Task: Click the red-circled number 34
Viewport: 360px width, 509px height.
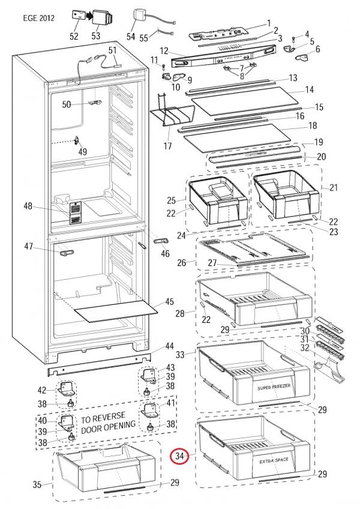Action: (x=180, y=457)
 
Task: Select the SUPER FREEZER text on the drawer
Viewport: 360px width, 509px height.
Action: (x=275, y=388)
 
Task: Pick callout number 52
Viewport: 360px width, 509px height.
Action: (x=74, y=37)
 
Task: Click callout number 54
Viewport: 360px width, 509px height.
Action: (x=131, y=37)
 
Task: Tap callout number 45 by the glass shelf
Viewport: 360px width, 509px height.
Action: (x=170, y=301)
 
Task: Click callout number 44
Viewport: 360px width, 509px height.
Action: (x=170, y=346)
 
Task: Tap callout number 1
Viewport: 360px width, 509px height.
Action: (x=268, y=23)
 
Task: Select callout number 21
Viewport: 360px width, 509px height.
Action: (x=334, y=188)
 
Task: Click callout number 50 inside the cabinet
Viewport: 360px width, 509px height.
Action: (x=67, y=104)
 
